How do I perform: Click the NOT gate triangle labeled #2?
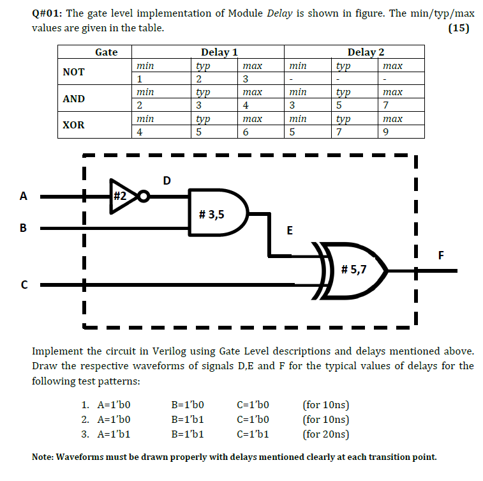pos(121,196)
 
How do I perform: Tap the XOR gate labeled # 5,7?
pos(354,270)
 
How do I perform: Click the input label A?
pos(24,197)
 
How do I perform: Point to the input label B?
pos(24,227)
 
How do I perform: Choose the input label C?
pos(24,285)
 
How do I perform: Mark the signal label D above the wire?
pos(167,181)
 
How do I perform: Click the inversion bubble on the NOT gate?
pos(144,196)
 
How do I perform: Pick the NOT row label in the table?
pos(73,72)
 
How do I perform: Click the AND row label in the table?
pos(74,99)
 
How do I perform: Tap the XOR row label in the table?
pos(73,125)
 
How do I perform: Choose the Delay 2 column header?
pos(366,52)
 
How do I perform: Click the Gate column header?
pos(106,52)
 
